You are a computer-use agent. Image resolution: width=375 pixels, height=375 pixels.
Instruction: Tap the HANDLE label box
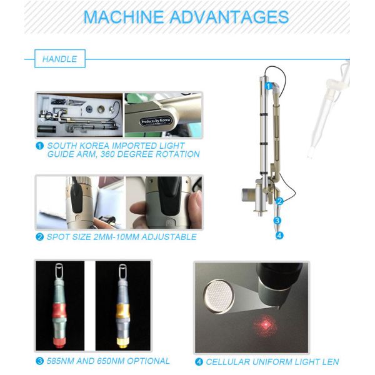tap(59, 59)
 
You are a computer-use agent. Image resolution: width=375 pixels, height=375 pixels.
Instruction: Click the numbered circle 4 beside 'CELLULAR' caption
tap(200, 361)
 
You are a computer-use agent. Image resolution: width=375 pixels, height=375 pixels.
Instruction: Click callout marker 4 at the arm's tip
tap(279, 235)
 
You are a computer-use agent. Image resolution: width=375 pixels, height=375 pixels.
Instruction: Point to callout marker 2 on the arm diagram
tap(280, 201)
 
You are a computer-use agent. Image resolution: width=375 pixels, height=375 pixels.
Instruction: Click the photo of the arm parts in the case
tap(79, 115)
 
